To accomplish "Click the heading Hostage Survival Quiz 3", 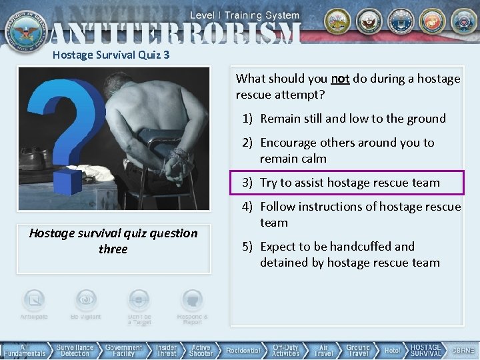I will point(111,55).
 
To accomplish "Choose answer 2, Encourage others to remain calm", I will point(347,150).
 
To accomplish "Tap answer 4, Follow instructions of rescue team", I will point(360,214).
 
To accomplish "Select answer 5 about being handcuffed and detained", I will point(349,254).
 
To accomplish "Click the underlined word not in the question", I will point(340,79).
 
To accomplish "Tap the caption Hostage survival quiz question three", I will point(113,241).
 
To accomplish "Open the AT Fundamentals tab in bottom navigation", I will point(25,351).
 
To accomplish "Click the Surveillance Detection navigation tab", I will point(75,351).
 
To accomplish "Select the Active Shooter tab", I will point(201,351).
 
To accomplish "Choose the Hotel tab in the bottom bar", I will point(392,351).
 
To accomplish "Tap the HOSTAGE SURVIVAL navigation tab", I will point(425,351).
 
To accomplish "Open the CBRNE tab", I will point(464,351).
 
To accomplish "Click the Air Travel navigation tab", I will point(323,351).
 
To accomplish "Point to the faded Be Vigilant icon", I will point(85,304).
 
